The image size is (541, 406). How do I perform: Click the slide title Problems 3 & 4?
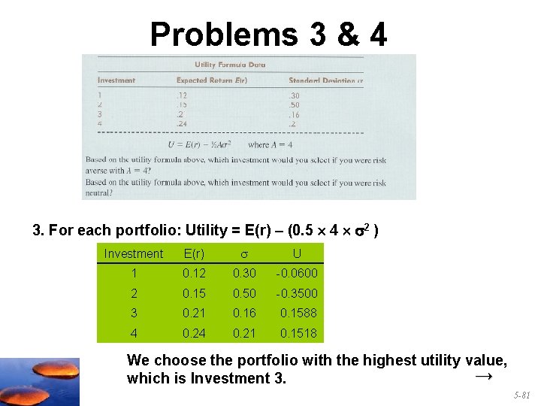coord(268,34)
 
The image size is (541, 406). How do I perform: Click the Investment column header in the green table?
coord(133,254)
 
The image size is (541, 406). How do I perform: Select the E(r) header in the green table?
coord(194,254)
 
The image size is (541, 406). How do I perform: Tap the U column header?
coord(298,254)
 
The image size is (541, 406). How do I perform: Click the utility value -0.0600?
coord(296,274)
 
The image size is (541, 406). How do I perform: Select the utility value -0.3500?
coord(296,293)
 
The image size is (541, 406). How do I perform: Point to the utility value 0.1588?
coord(298,313)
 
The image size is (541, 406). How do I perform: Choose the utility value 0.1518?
coord(298,333)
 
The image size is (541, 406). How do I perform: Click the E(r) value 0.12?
coord(194,274)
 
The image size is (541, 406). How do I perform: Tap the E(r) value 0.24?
coord(194,333)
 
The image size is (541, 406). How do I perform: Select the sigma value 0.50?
coord(244,293)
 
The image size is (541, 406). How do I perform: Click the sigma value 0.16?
coord(244,313)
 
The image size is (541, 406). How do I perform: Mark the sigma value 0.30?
coord(244,274)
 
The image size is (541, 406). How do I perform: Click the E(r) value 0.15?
coord(194,293)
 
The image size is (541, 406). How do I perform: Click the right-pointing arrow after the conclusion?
coord(484,375)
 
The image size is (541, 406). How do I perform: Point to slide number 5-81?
coord(521,395)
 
